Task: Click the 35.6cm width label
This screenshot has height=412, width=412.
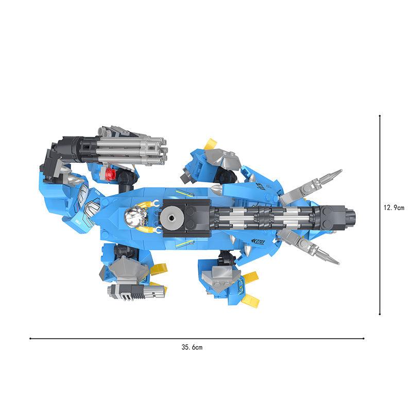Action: tap(192, 347)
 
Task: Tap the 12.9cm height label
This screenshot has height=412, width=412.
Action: tap(394, 208)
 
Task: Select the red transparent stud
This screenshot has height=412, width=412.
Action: tap(110, 175)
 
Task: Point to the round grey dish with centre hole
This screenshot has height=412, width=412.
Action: tap(172, 217)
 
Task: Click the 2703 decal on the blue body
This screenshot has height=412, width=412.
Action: tap(258, 241)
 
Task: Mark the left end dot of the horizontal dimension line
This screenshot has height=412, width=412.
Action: tap(30, 338)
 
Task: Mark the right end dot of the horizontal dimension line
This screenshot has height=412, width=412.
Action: tap(364, 338)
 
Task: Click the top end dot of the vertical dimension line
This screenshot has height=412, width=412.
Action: tap(380, 115)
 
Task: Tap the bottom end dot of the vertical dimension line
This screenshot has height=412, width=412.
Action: tap(380, 314)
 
